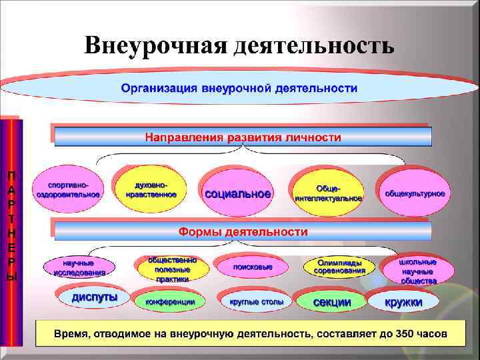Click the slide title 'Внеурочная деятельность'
click(239, 45)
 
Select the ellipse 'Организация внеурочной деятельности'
click(239, 88)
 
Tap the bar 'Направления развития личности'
click(243, 137)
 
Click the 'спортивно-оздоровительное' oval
click(69, 189)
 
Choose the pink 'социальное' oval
click(237, 194)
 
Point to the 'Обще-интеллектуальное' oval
click(328, 193)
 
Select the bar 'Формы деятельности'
click(243, 232)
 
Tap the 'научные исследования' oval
click(79, 267)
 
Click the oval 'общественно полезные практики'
click(173, 269)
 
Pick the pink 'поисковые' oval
click(252, 267)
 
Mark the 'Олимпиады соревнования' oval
click(341, 267)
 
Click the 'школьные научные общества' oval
click(419, 271)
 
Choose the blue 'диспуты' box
click(94, 297)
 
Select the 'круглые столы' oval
click(256, 302)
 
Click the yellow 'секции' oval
click(332, 302)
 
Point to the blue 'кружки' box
click(403, 302)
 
